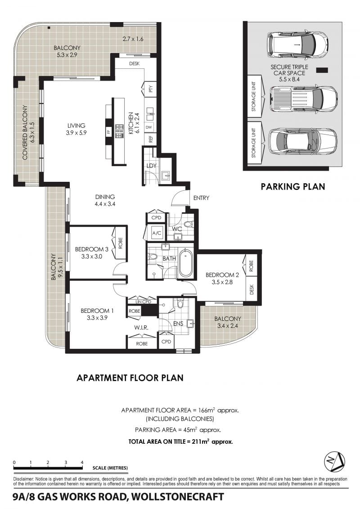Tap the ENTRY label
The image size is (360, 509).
pyautogui.click(x=201, y=198)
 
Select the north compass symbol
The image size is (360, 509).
pyautogui.click(x=335, y=461)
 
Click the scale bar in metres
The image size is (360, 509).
pyautogui.click(x=48, y=468)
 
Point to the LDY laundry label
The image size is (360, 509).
pyautogui.click(x=152, y=166)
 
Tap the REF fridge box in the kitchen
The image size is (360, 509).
pyautogui.click(x=151, y=139)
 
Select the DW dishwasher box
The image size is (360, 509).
pyautogui.click(x=149, y=127)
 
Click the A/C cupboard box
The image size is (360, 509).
pyautogui.click(x=157, y=233)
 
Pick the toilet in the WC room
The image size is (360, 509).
pyautogui.click(x=188, y=224)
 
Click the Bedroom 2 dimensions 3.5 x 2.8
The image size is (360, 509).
pyautogui.click(x=222, y=282)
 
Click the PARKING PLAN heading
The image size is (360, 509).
pyautogui.click(x=293, y=186)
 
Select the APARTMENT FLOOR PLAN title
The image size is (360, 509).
pyautogui.click(x=130, y=378)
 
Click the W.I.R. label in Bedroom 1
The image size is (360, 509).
pyautogui.click(x=141, y=328)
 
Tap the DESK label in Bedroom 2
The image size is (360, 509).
pyautogui.click(x=252, y=289)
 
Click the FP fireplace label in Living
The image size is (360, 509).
pyautogui.click(x=109, y=132)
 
